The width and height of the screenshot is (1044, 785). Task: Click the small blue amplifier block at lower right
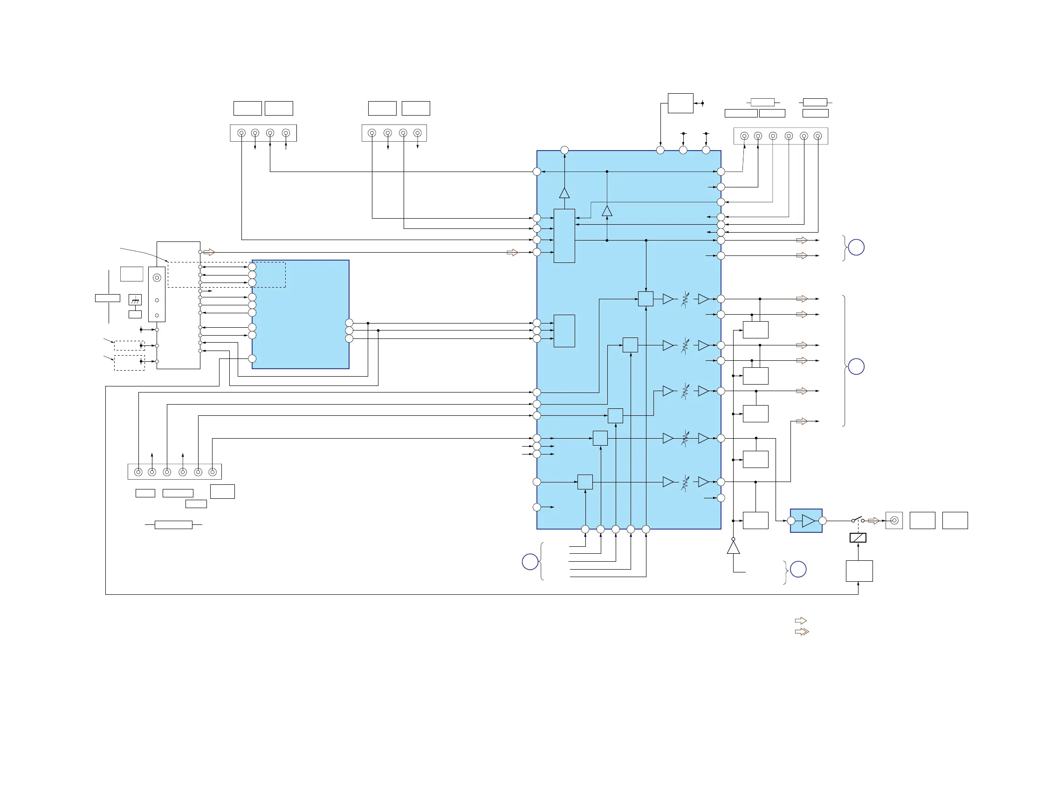[806, 521]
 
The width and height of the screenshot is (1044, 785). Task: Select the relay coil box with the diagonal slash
[858, 537]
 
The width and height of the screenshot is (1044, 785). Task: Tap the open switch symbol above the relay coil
[858, 520]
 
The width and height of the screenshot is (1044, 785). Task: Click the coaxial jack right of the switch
[894, 521]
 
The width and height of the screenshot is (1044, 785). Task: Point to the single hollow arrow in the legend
[800, 620]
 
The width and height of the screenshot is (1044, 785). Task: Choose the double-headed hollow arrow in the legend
[801, 632]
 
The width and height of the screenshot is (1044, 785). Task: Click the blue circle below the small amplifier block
[798, 569]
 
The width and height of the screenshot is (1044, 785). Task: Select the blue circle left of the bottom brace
[530, 562]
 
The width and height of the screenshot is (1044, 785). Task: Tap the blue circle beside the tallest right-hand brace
[856, 367]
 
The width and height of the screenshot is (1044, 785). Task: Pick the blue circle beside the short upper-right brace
[856, 248]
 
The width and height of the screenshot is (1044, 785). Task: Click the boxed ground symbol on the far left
[135, 300]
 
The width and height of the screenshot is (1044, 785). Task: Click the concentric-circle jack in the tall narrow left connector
[157, 278]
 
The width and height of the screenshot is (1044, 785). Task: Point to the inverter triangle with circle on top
[733, 547]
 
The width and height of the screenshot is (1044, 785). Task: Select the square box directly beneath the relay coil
[859, 571]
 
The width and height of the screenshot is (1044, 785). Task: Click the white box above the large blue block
[680, 103]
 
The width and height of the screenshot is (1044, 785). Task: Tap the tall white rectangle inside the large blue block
[564, 235]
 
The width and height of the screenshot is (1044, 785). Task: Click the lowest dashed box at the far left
[129, 363]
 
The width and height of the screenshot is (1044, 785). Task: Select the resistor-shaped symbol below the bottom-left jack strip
[173, 525]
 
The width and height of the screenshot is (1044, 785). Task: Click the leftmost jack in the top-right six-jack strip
[744, 136]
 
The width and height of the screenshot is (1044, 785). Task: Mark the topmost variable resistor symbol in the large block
[685, 300]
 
